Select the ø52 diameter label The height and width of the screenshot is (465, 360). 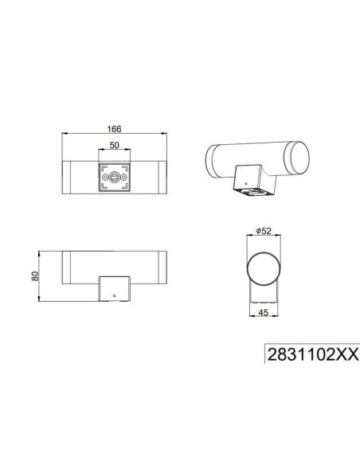(x=264, y=231)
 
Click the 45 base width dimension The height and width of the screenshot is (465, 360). (x=264, y=313)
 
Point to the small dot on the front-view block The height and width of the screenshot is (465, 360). (x=115, y=295)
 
